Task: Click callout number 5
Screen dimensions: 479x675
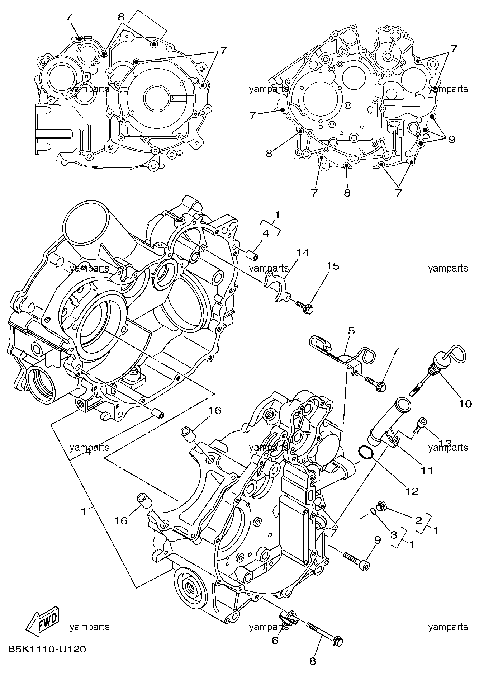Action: [351, 331]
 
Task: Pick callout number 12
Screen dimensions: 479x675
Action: [413, 491]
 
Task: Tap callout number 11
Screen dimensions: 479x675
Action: [427, 470]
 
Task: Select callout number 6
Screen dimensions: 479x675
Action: [275, 640]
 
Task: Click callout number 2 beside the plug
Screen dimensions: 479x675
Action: [418, 520]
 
